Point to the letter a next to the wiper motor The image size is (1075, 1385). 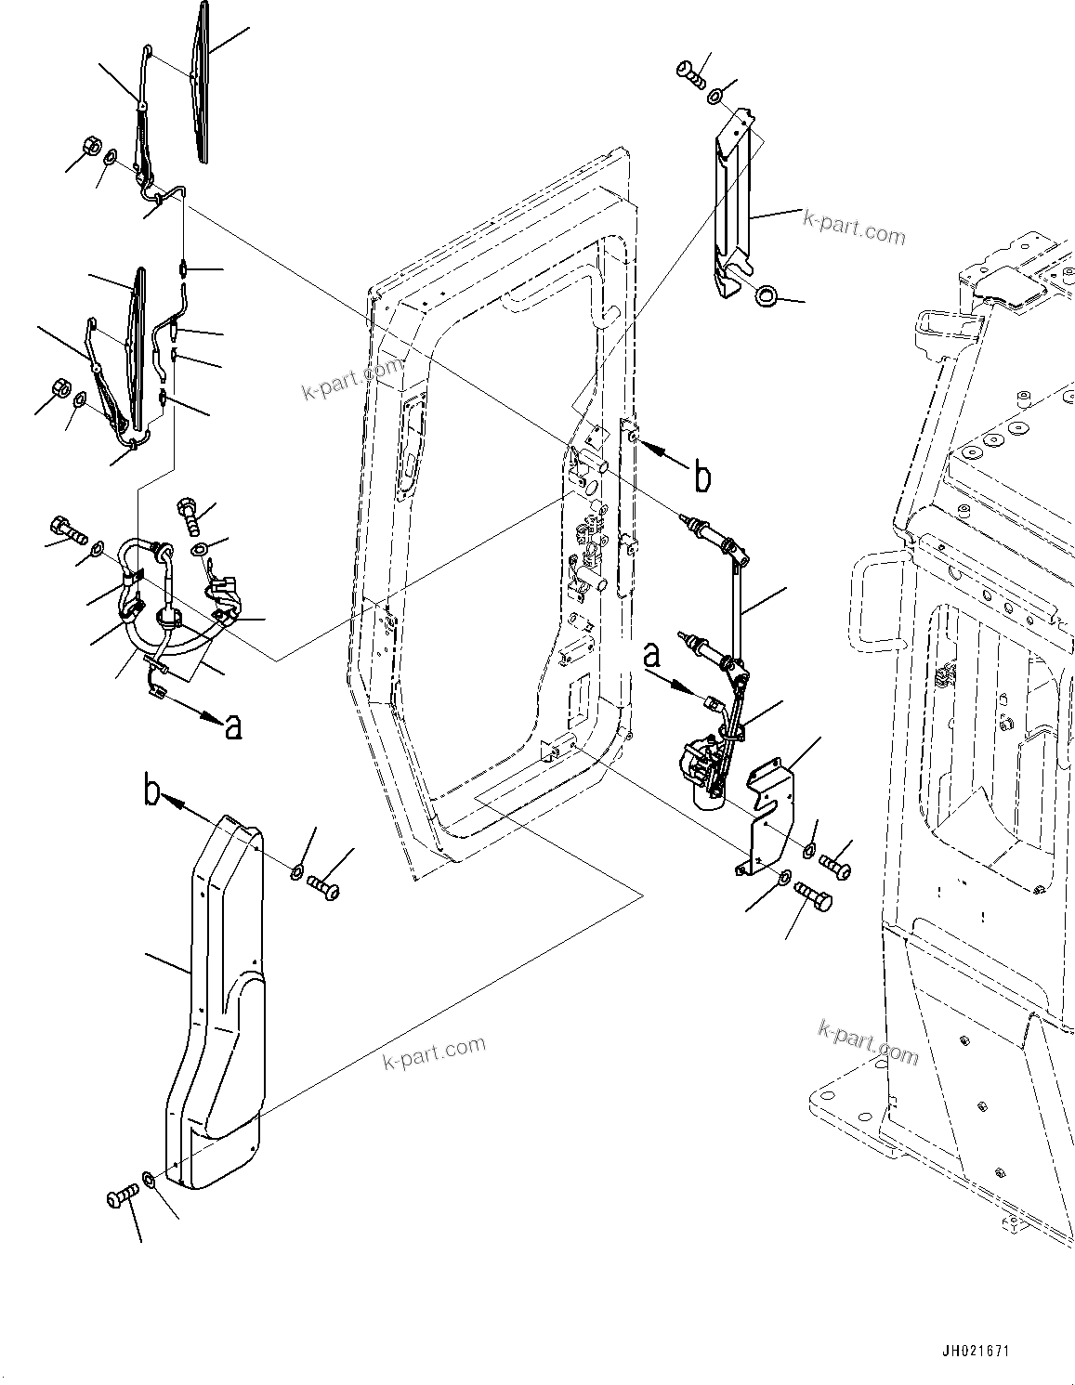(x=653, y=658)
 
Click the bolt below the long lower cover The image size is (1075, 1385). (x=121, y=1198)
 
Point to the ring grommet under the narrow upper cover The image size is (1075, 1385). (x=767, y=296)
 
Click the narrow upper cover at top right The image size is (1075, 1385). (x=734, y=204)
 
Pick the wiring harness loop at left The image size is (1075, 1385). (x=172, y=604)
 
